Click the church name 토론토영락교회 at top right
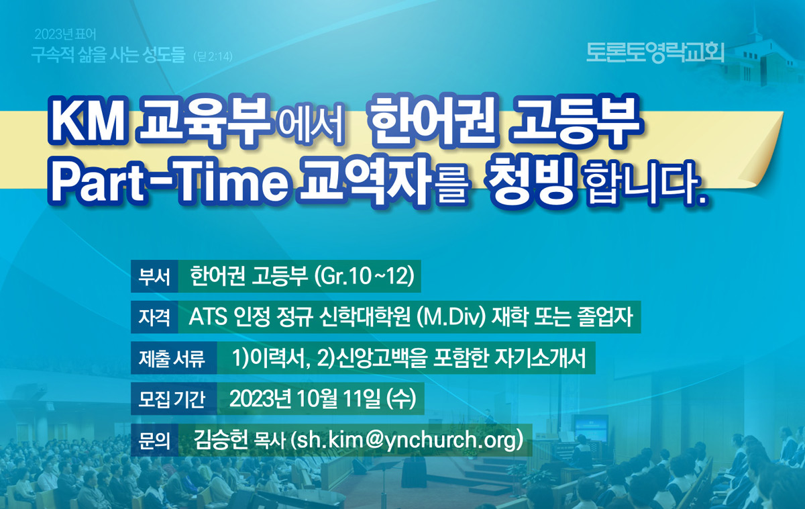(x=655, y=53)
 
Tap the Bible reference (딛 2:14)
(x=213, y=57)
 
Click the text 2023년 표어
(x=66, y=34)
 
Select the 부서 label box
(x=154, y=276)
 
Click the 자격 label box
(x=154, y=317)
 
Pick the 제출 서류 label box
(x=174, y=358)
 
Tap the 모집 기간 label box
(x=174, y=399)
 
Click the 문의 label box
(x=154, y=440)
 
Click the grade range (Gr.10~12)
(x=364, y=277)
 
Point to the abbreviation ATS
(x=208, y=317)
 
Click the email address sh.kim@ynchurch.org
(x=407, y=440)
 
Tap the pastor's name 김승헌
(x=220, y=440)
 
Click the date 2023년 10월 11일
(x=305, y=399)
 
